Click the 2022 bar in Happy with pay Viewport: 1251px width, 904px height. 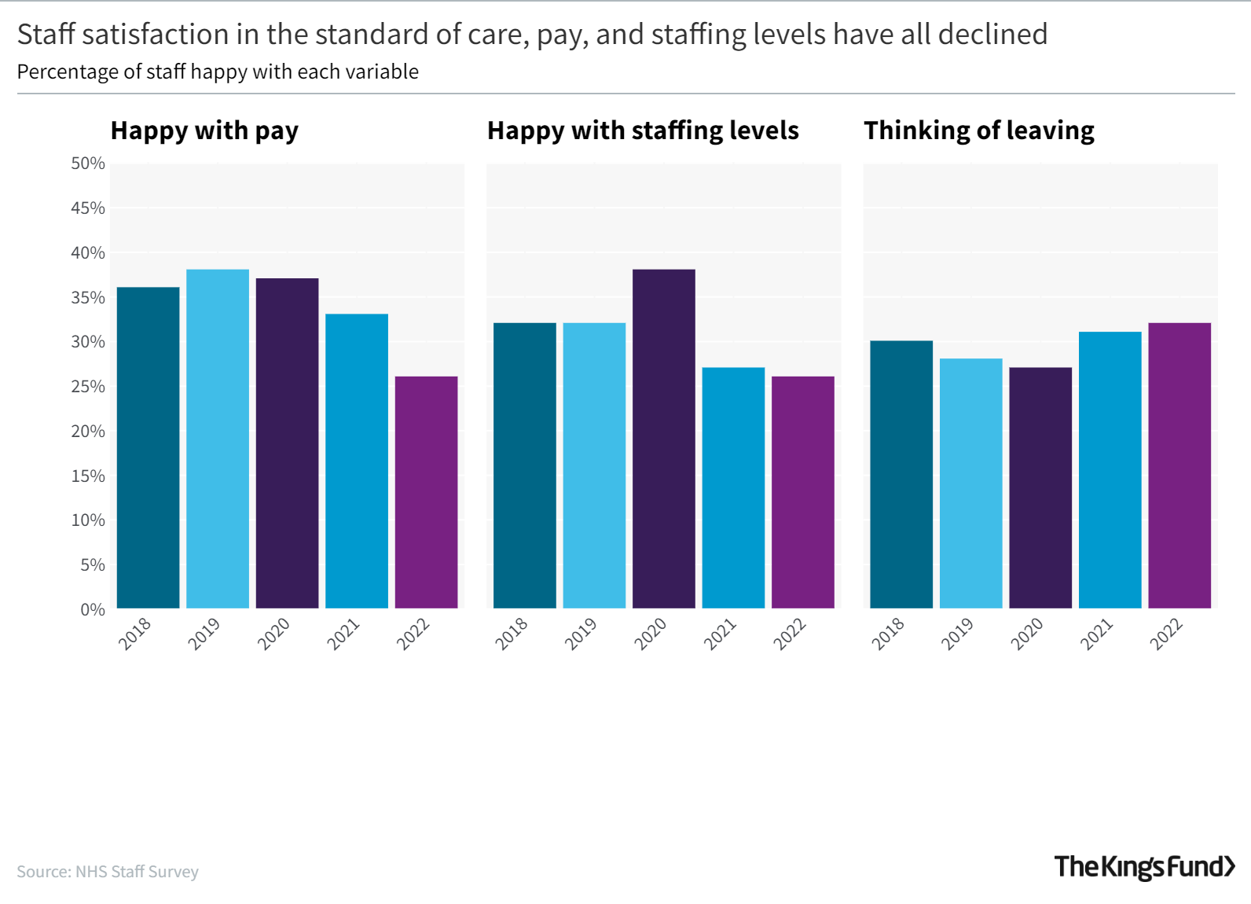[x=426, y=492]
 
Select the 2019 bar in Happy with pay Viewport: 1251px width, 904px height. [x=218, y=439]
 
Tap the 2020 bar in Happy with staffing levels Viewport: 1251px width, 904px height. [x=663, y=439]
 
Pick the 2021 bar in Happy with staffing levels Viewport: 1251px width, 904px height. [x=733, y=487]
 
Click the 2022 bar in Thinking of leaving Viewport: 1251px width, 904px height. [x=1179, y=465]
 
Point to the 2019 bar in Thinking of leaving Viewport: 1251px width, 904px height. [x=970, y=483]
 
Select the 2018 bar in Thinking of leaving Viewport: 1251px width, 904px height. [x=901, y=474]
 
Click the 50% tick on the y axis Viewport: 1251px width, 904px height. [x=87, y=164]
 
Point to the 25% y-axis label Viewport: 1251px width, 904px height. [x=87, y=387]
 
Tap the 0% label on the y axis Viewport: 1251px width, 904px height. [x=92, y=610]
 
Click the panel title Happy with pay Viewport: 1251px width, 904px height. [x=204, y=130]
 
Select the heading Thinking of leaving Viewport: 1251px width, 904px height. [x=978, y=130]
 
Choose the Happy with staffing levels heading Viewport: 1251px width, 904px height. [x=643, y=130]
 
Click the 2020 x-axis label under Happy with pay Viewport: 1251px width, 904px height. [x=274, y=634]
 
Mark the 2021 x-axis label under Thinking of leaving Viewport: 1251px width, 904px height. [x=1097, y=634]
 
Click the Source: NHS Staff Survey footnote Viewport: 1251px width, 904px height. [x=108, y=872]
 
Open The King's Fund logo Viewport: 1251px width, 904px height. [x=1144, y=866]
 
